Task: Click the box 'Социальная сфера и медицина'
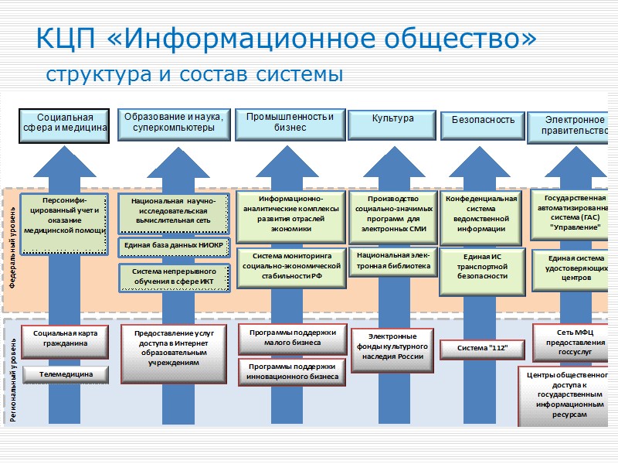[64, 124]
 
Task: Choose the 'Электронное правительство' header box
[574, 125]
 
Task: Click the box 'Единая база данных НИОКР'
[174, 246]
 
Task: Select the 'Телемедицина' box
[64, 374]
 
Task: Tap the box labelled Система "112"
[483, 350]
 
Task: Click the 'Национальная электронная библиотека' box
[393, 260]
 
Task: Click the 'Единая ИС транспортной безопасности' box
[483, 266]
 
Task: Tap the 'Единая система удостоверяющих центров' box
[575, 267]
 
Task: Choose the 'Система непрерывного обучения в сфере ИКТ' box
[174, 277]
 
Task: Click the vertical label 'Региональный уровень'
[13, 374]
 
